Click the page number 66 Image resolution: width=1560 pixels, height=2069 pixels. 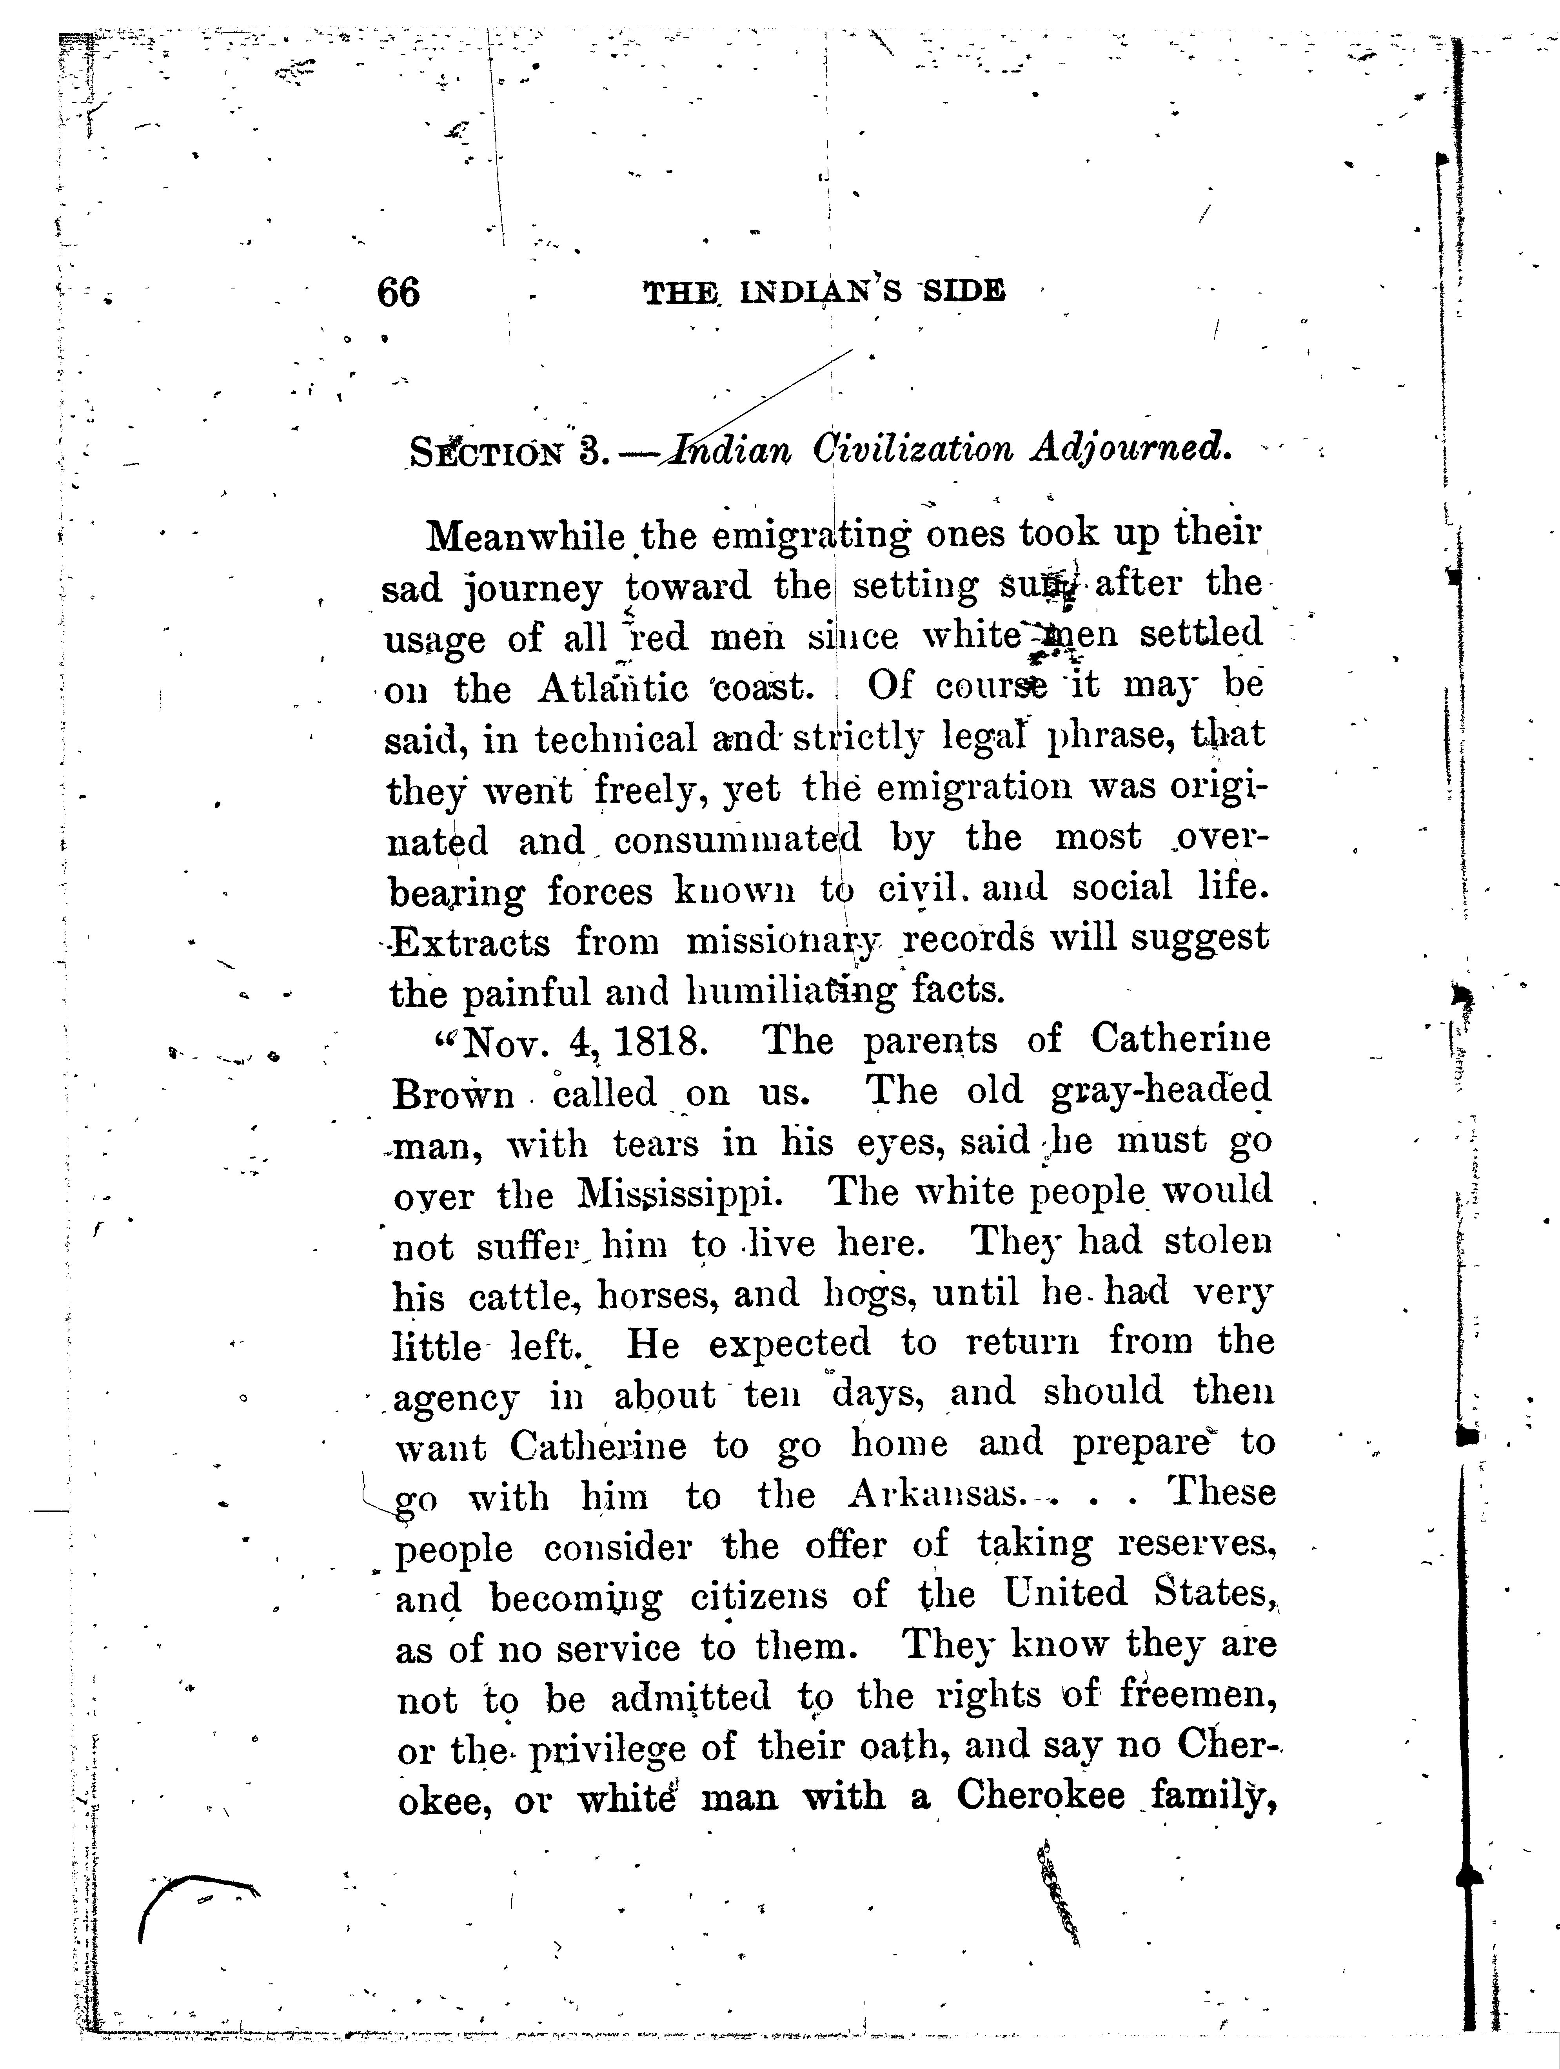click(398, 293)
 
